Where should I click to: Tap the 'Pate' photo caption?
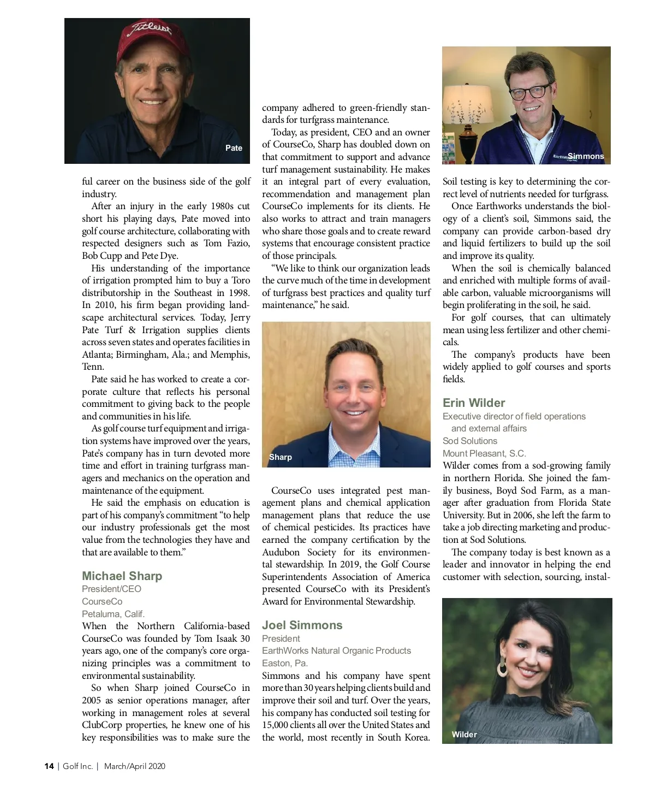coord(234,148)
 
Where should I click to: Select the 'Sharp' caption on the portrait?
coord(281,457)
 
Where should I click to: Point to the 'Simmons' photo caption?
coord(586,156)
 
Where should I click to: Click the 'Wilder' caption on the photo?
coord(464,735)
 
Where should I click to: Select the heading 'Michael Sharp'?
coord(122,576)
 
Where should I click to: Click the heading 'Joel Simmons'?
coord(302,625)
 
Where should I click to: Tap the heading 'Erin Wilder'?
coord(474,403)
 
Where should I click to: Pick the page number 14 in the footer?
coord(49,766)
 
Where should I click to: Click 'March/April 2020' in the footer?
coord(134,766)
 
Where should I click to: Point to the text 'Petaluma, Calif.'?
coord(113,614)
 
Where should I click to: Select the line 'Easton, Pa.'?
coord(285,663)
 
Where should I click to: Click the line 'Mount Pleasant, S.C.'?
coord(484,453)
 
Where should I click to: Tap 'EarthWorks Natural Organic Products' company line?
coord(336,650)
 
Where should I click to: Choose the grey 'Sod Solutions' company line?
coord(470,441)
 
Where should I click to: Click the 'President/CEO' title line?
coord(111,589)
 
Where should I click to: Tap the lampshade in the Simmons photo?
coord(468,104)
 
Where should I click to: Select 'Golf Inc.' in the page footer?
coord(78,766)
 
